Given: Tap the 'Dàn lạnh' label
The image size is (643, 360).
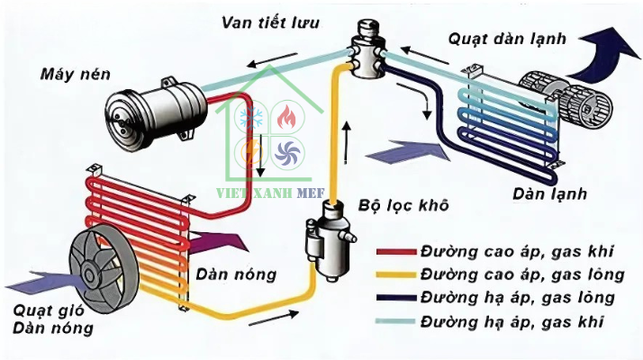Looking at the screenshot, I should click(549, 193).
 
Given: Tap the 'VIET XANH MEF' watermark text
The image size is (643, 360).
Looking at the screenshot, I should click(270, 190).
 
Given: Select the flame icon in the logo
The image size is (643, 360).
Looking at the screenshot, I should click(285, 118).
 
